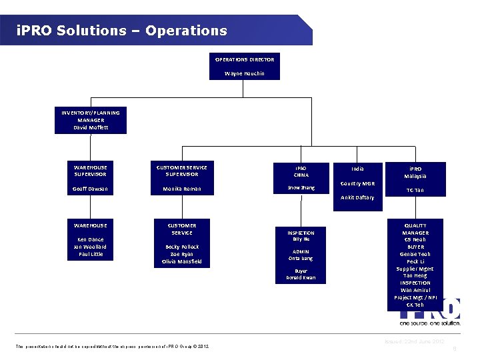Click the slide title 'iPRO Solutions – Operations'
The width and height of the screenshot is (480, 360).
[122, 31]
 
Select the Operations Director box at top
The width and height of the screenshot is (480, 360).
[245, 66]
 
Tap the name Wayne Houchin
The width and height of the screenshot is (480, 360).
[245, 73]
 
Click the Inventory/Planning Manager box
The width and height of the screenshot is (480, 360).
[91, 120]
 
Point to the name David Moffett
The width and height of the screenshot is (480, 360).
[91, 127]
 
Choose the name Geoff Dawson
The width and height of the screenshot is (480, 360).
[91, 189]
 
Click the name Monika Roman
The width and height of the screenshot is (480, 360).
[182, 189]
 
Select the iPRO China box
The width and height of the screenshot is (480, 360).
[301, 171]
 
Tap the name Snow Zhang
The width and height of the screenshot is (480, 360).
[301, 188]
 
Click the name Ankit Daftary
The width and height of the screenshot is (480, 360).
[358, 197]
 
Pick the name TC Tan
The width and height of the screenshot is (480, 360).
[415, 190]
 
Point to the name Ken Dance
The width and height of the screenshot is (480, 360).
[91, 239]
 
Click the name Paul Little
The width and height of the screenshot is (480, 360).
[91, 254]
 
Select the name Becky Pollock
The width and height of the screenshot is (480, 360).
[182, 247]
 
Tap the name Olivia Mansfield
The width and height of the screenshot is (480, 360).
[182, 261]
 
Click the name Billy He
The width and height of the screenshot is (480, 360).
[301, 239]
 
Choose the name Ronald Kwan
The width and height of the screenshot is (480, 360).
[301, 277]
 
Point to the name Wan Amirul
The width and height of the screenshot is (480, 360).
[415, 290]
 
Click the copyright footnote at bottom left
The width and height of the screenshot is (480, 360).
[112, 346]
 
